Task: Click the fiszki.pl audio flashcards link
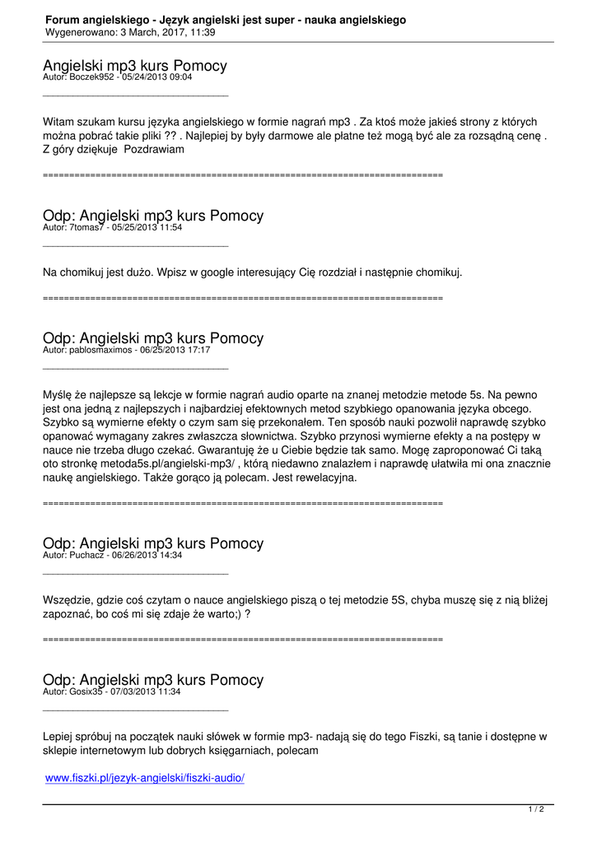(x=145, y=778)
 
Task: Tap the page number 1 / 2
(x=535, y=810)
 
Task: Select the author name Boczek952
(x=93, y=77)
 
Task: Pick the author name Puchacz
(x=88, y=555)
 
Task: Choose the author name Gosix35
(x=88, y=692)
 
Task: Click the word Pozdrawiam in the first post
(x=154, y=150)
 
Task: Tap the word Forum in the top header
(x=62, y=20)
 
